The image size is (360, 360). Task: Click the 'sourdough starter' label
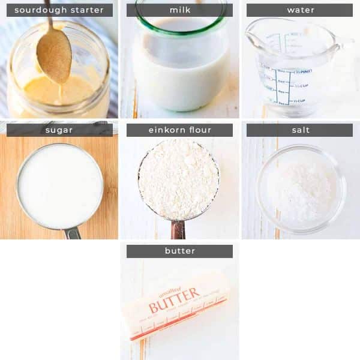(59, 10)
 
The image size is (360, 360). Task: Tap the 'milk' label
(179, 10)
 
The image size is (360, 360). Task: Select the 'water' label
(299, 10)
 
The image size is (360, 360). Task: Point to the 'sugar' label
(59, 130)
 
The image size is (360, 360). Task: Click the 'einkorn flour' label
(179, 130)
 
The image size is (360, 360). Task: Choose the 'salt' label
(299, 130)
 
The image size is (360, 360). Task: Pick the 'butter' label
(179, 251)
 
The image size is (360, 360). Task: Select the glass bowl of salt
(300, 189)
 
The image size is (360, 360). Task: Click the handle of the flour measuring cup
(178, 230)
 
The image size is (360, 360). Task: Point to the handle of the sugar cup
(72, 233)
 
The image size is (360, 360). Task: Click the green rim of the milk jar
(180, 24)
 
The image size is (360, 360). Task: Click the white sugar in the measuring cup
(60, 186)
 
